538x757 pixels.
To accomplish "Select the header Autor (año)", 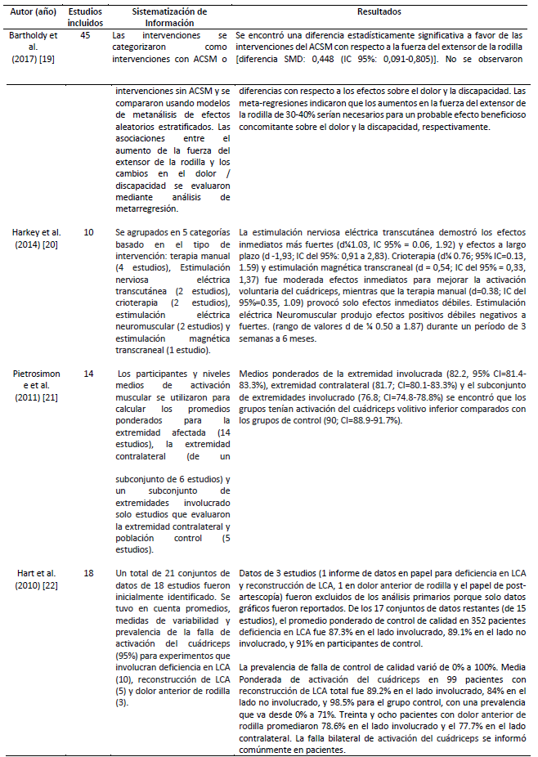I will (30, 13).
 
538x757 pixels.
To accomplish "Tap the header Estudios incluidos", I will (85, 18).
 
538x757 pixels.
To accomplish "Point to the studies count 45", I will (85, 37).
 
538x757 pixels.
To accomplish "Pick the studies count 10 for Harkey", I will (88, 233).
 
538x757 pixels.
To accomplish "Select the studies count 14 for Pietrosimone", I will (88, 374).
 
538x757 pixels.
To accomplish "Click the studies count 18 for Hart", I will (88, 574).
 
